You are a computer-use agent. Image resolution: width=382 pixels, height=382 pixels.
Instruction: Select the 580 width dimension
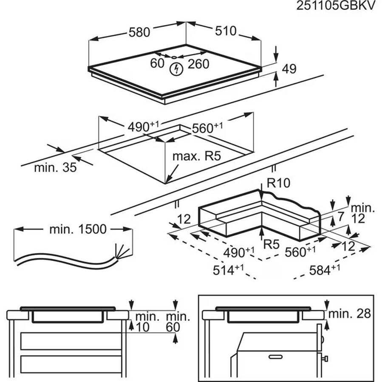click(139, 32)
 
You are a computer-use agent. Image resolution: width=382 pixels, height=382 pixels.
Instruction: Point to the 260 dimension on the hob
click(198, 64)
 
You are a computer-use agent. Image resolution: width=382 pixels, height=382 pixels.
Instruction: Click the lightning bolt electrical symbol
click(175, 69)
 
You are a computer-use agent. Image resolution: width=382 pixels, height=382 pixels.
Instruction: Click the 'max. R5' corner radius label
click(197, 156)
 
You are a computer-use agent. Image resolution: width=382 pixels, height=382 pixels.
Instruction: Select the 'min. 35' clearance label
click(55, 167)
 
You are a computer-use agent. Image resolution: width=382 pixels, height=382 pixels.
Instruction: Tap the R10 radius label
click(278, 183)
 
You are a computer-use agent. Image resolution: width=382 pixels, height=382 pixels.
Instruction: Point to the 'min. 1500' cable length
click(78, 229)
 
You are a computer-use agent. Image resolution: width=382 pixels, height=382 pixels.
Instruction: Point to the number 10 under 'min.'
click(144, 327)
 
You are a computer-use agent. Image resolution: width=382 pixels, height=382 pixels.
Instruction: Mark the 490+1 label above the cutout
click(143, 127)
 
